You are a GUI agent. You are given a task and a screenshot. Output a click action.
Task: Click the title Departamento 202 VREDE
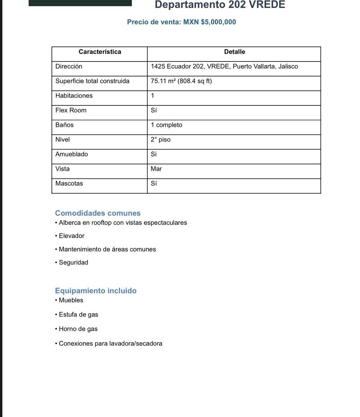[x=220, y=5]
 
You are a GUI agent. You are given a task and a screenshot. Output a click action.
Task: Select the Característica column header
[x=100, y=52]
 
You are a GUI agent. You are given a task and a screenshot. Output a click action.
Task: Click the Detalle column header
[x=234, y=52]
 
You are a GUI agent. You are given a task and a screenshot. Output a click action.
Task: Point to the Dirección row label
[x=69, y=66]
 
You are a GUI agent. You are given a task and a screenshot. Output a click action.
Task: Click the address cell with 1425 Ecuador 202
[x=224, y=66]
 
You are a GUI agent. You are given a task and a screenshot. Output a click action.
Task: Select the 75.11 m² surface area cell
[x=181, y=81]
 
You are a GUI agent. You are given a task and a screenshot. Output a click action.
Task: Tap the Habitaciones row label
[x=74, y=96]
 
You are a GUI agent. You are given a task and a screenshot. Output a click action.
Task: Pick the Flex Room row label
[x=71, y=110]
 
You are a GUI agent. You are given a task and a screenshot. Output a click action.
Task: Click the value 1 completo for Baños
[x=166, y=125]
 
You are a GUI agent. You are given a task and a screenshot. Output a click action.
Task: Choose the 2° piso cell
[x=160, y=139]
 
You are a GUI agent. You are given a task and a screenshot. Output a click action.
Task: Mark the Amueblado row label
[x=72, y=154]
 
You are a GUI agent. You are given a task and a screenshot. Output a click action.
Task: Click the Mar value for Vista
[x=156, y=169]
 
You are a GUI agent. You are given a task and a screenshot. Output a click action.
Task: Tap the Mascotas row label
[x=69, y=183]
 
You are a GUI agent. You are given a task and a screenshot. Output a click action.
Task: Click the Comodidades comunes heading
[x=98, y=213]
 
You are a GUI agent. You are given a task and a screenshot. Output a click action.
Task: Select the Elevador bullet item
[x=72, y=236]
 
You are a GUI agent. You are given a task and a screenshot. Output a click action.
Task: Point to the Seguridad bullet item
[x=73, y=262]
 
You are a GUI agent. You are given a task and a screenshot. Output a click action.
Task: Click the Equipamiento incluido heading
[x=95, y=291]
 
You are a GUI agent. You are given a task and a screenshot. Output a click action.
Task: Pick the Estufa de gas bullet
[x=78, y=314]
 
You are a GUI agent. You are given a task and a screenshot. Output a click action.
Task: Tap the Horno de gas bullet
[x=78, y=329]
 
